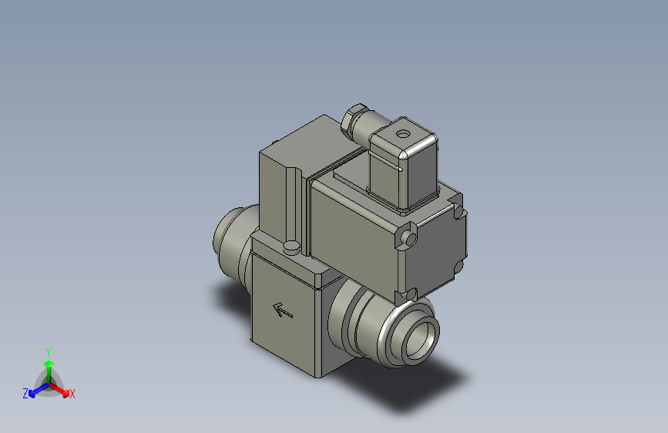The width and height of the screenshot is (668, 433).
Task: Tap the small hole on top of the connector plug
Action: click(401, 133)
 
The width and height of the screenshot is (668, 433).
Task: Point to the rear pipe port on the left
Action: click(230, 236)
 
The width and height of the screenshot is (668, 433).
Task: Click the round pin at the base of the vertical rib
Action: click(291, 247)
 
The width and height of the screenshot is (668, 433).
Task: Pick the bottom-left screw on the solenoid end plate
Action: click(410, 293)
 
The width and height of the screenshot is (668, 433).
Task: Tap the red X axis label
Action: click(72, 394)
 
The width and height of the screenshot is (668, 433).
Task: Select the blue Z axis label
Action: click(25, 394)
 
